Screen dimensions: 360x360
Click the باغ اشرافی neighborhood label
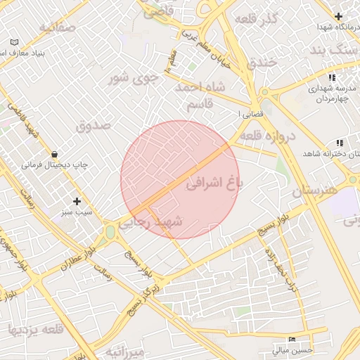tap(214, 184)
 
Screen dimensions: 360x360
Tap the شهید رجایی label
tap(150, 221)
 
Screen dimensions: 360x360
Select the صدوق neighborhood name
tap(94, 127)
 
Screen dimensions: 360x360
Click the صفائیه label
tap(57, 28)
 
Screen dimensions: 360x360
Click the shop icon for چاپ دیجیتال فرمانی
tap(54, 154)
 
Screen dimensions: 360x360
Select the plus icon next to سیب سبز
tap(77, 201)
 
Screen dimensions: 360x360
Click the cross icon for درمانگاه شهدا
tap(339, 16)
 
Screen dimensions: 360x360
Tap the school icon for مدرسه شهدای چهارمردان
tap(332, 77)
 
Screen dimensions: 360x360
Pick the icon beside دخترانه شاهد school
tap(340, 143)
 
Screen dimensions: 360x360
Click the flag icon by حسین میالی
tap(292, 338)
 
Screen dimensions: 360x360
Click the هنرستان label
tap(315, 191)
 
